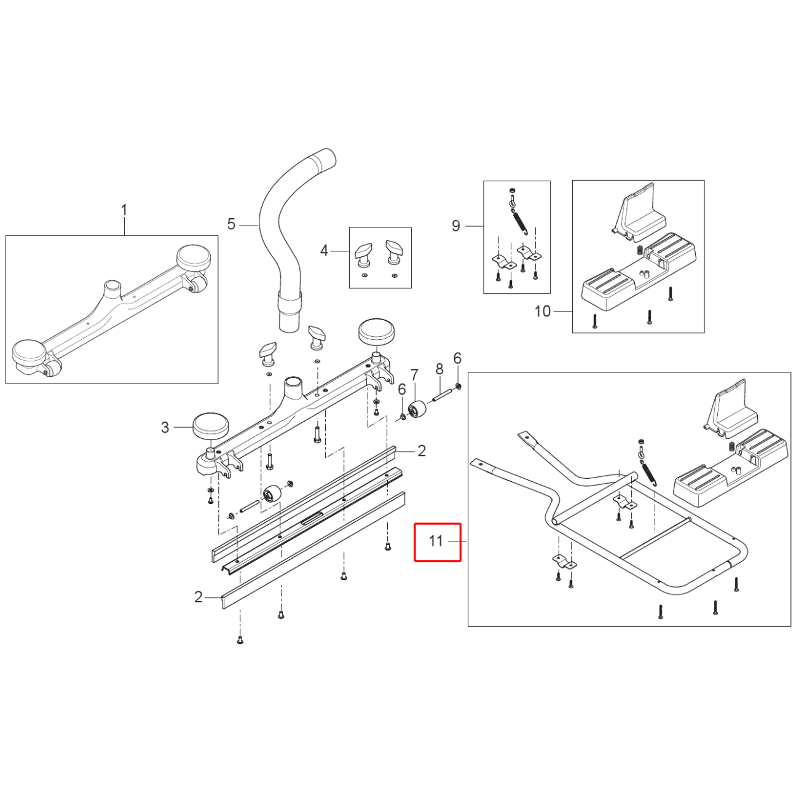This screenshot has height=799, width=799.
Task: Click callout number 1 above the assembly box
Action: (124, 210)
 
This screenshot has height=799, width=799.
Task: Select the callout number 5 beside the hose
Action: (231, 224)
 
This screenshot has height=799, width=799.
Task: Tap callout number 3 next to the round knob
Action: (165, 428)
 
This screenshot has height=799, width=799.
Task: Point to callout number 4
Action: (324, 250)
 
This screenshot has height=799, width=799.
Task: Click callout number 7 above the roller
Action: (415, 375)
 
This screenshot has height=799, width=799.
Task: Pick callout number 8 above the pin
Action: (439, 369)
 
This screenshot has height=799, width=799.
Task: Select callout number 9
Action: (455, 226)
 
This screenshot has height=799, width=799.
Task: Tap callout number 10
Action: (542, 311)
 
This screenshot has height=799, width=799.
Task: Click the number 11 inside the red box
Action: (436, 541)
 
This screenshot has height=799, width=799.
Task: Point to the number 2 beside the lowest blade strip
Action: (198, 597)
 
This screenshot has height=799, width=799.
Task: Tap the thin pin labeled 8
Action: (444, 393)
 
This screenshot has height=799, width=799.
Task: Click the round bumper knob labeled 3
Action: (211, 426)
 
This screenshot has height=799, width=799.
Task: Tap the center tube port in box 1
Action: (112, 287)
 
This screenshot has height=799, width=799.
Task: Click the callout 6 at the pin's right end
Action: (457, 358)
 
